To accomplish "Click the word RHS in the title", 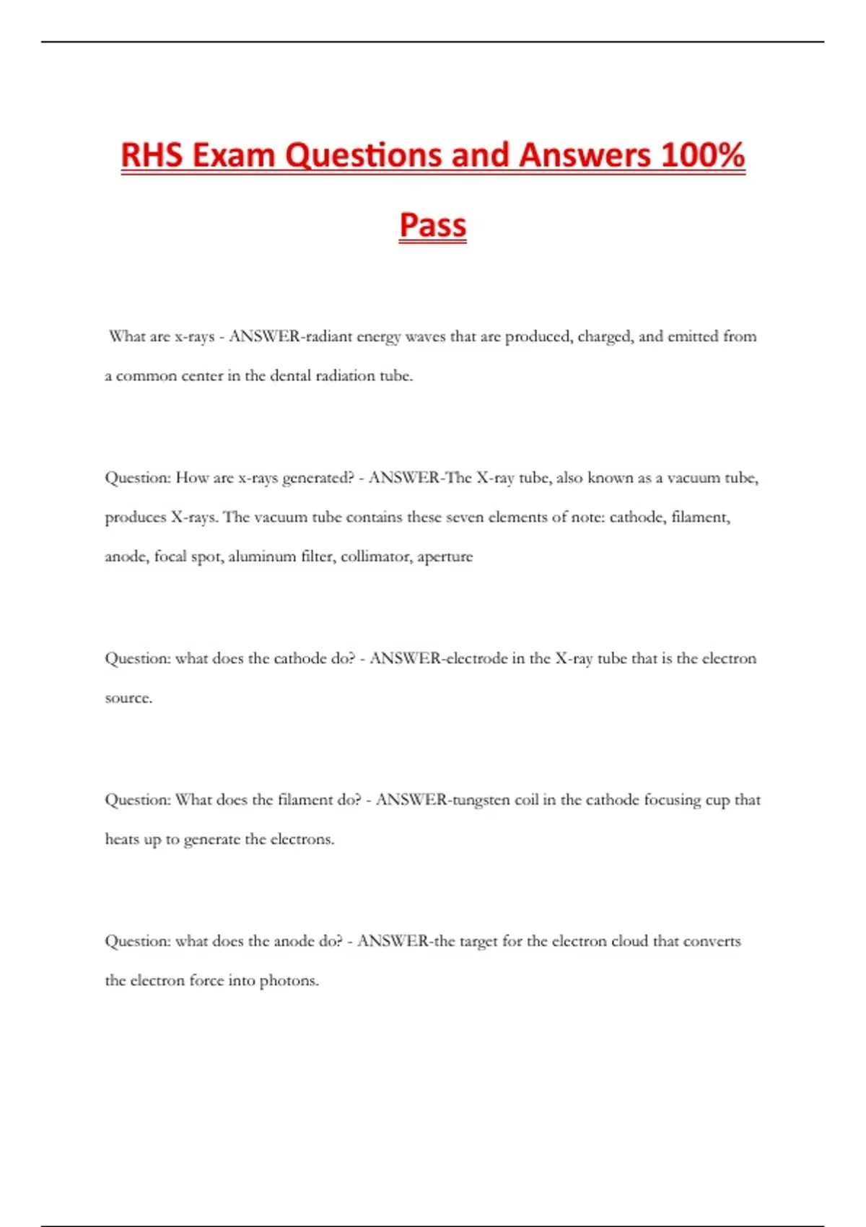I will point(152,155).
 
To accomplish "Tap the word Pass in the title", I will point(433,224).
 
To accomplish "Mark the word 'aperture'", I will point(445,556).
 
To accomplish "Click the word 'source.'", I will point(128,698).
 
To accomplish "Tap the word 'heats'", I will point(121,839).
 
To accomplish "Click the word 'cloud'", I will point(630,941).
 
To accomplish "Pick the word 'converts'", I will point(712,941).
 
